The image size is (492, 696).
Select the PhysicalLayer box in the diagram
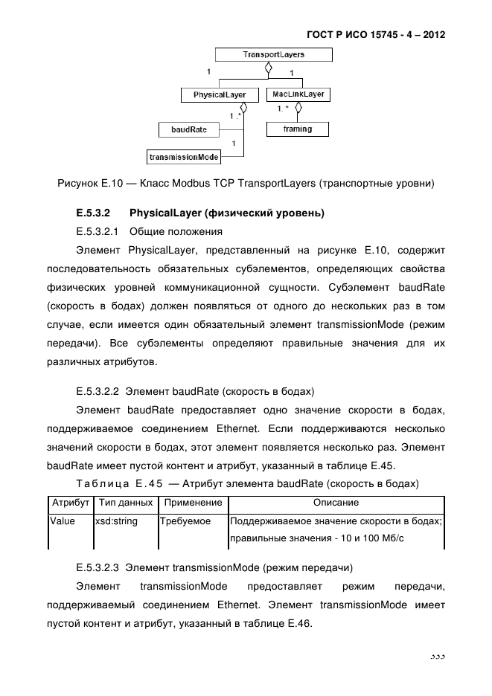(x=219, y=95)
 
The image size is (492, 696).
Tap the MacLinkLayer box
(x=298, y=95)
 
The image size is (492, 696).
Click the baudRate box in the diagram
(x=189, y=129)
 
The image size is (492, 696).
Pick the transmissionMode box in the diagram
(x=183, y=157)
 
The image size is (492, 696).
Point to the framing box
(x=297, y=129)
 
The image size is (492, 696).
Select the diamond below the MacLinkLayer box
(x=298, y=109)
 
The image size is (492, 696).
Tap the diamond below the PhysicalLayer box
(x=243, y=109)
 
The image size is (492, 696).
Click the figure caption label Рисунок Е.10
(x=89, y=183)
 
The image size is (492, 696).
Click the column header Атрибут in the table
(x=70, y=503)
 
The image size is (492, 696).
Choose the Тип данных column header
(x=125, y=503)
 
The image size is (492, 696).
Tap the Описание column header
(x=336, y=503)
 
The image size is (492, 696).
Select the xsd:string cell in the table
(x=117, y=521)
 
